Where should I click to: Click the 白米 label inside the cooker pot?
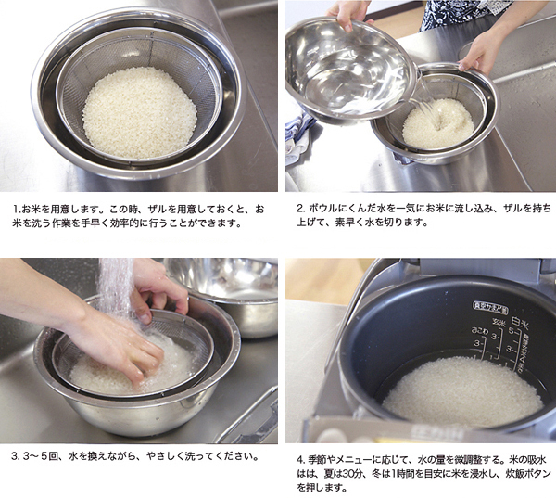coord(520,323)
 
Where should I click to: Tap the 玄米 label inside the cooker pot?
coord(499,322)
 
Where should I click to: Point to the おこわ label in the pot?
coord(480,330)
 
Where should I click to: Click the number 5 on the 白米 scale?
coord(512,331)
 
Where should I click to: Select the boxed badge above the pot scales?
coord(490,306)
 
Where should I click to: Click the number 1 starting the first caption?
coord(16,209)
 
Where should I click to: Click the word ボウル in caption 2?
coord(322,209)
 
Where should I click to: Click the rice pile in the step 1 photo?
coord(139,112)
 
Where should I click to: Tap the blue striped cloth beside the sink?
coord(298,134)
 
